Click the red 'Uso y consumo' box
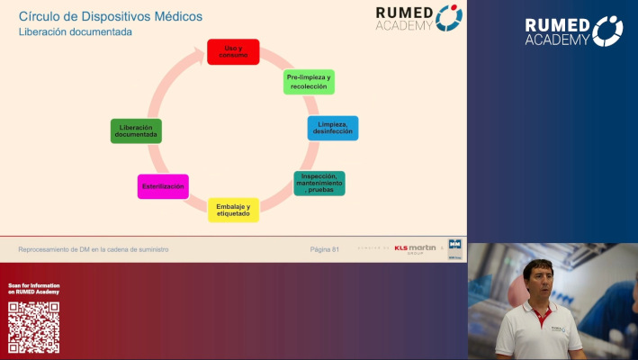(233, 51)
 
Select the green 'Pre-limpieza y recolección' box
(309, 82)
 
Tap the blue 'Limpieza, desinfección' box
(332, 128)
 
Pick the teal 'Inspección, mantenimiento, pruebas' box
(319, 184)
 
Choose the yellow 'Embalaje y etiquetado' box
(233, 210)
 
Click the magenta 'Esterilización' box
(163, 186)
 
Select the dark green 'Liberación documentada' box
(136, 131)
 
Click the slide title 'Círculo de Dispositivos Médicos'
(111, 16)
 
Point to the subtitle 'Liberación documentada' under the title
(76, 32)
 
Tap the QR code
(33, 327)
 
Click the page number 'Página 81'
(324, 249)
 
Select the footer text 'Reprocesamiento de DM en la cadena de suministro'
(94, 249)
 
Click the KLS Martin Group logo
(415, 248)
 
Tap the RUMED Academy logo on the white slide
(419, 18)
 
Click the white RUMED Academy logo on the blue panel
(573, 31)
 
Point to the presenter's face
(540, 280)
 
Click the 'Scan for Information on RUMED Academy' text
(33, 289)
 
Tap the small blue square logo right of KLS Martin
(454, 247)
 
